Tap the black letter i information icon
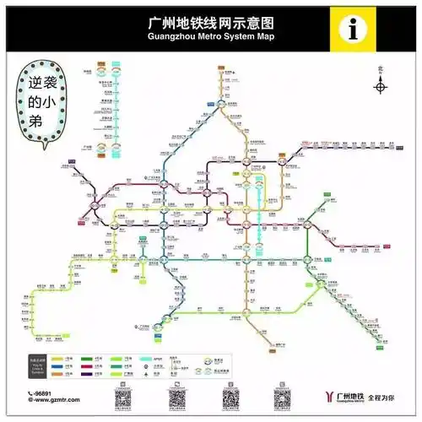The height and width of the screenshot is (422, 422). [x=352, y=29]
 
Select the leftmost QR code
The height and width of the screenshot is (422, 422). [x=123, y=398]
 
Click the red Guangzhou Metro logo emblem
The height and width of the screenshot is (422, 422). [x=326, y=397]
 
